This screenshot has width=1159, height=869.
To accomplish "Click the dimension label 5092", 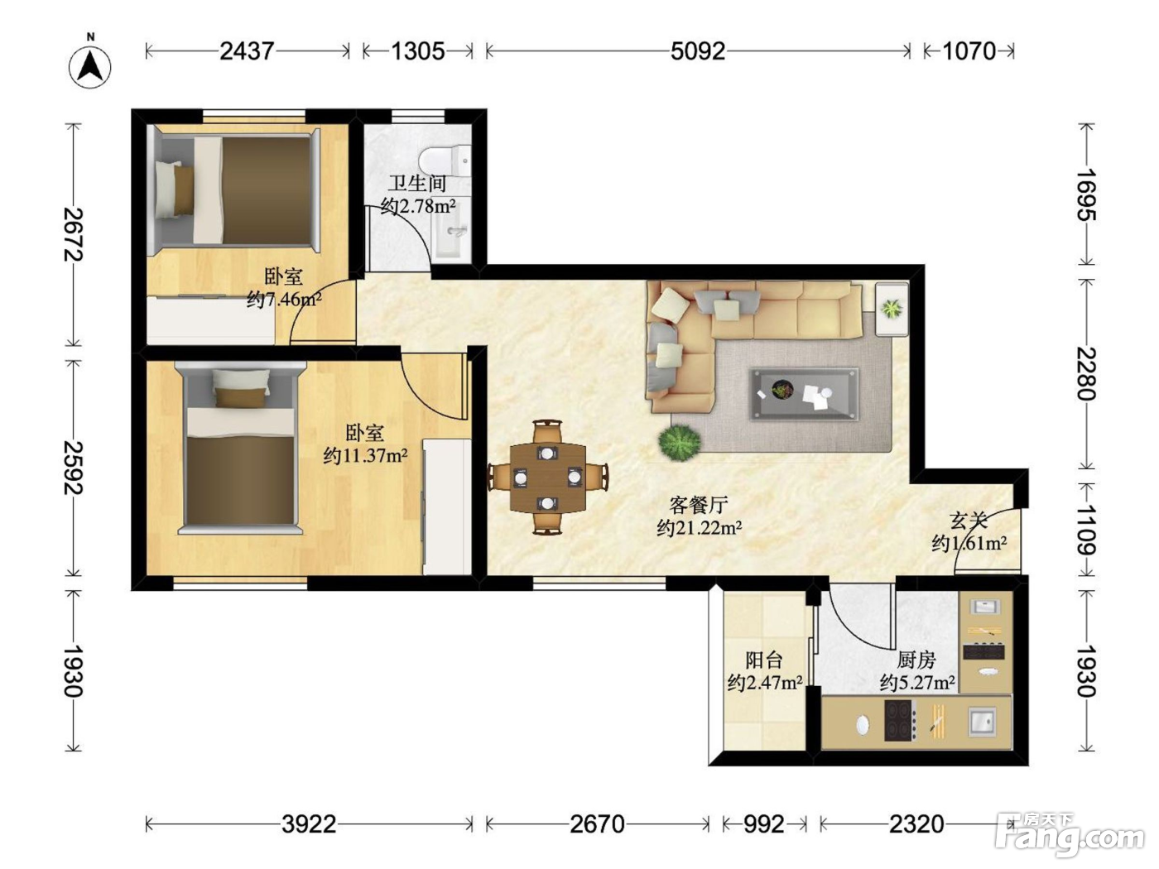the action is (x=698, y=51).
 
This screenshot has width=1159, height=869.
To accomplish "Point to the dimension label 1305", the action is (x=418, y=51).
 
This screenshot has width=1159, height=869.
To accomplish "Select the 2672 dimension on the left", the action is (x=74, y=234).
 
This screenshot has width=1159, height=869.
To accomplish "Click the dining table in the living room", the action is (x=548, y=478).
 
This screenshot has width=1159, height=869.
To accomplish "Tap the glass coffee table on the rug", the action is (x=804, y=394).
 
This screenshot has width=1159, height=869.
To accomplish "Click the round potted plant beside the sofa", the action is (x=679, y=443).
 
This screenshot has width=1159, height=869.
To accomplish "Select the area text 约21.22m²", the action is (x=699, y=528).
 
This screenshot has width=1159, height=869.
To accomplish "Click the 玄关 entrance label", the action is (x=969, y=521).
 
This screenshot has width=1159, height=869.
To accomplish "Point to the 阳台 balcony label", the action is (x=764, y=660).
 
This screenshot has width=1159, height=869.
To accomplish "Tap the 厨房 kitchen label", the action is (x=916, y=660).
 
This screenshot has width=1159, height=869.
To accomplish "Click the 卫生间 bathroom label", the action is (x=417, y=183).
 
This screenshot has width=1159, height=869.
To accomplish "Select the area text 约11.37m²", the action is (x=365, y=455).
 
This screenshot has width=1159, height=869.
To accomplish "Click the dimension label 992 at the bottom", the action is (x=764, y=824).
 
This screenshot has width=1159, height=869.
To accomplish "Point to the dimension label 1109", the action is (x=1087, y=530).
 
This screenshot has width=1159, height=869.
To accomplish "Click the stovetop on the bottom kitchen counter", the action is (x=900, y=720).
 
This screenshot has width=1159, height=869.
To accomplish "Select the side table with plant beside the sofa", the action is (x=892, y=310).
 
